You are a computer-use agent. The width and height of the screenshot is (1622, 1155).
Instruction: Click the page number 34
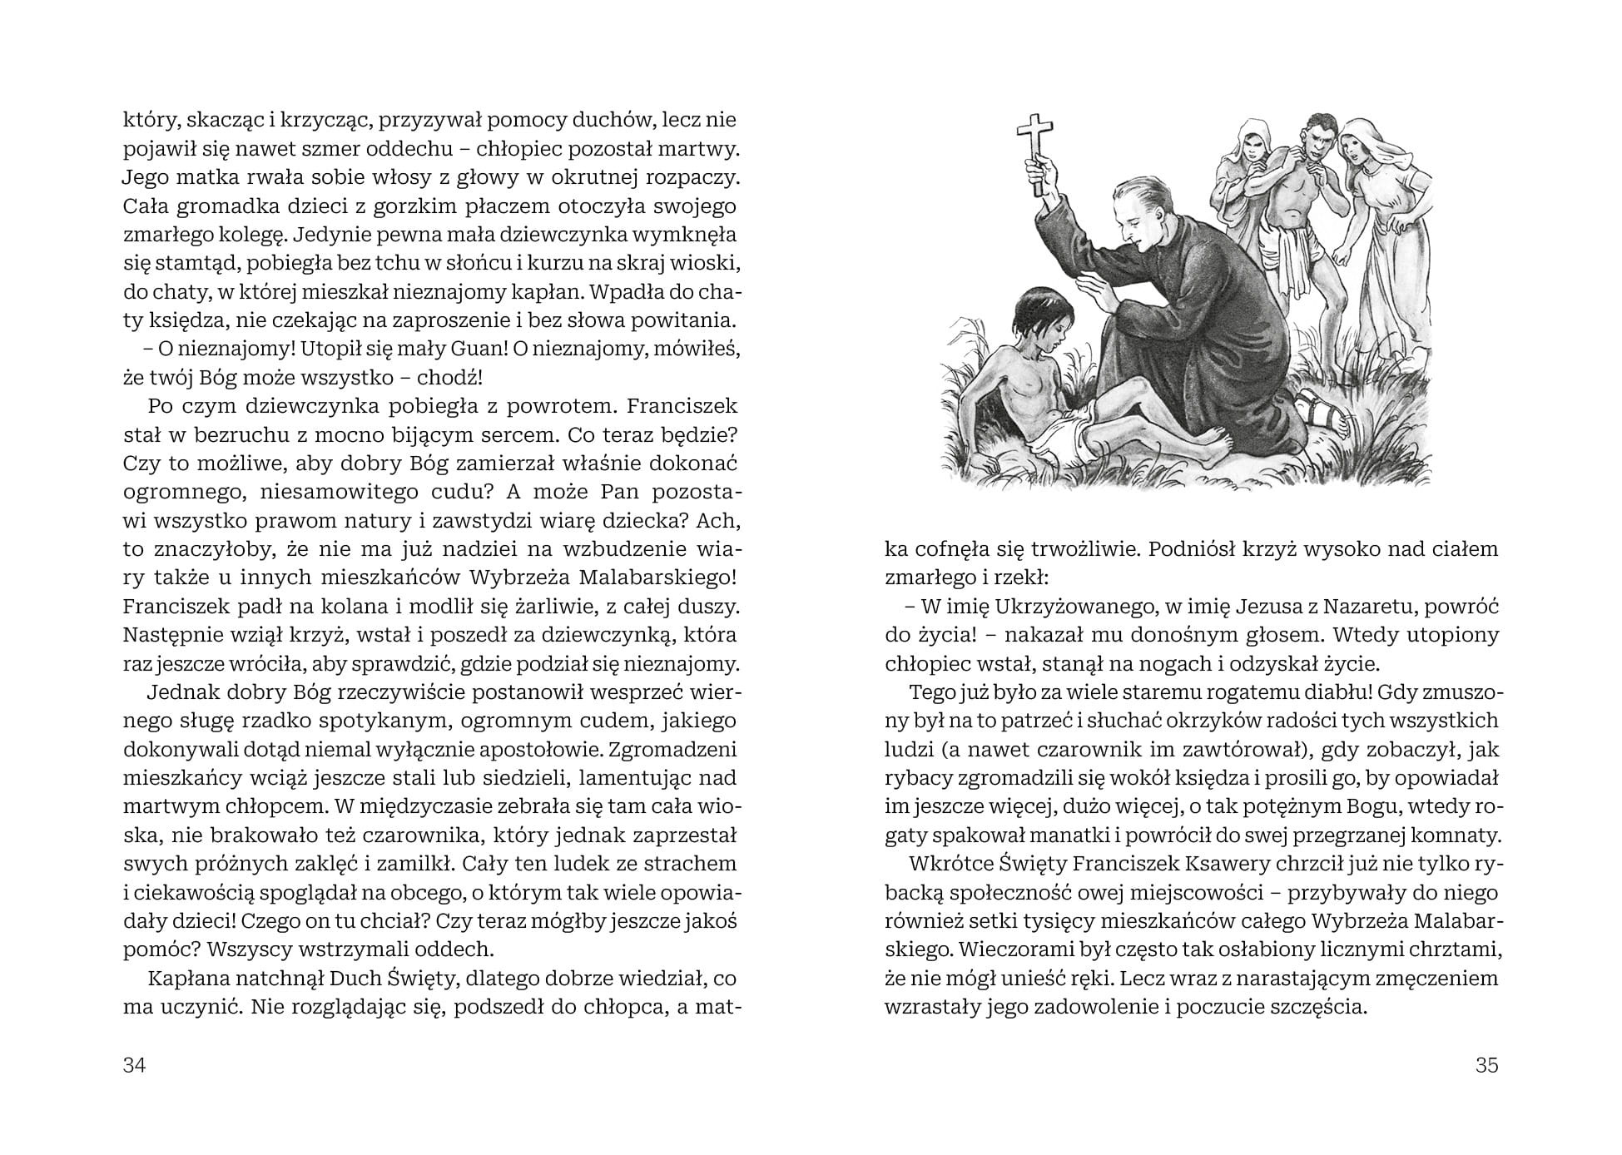click(x=135, y=1065)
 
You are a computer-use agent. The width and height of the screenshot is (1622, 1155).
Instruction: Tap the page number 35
click(x=1486, y=1065)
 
